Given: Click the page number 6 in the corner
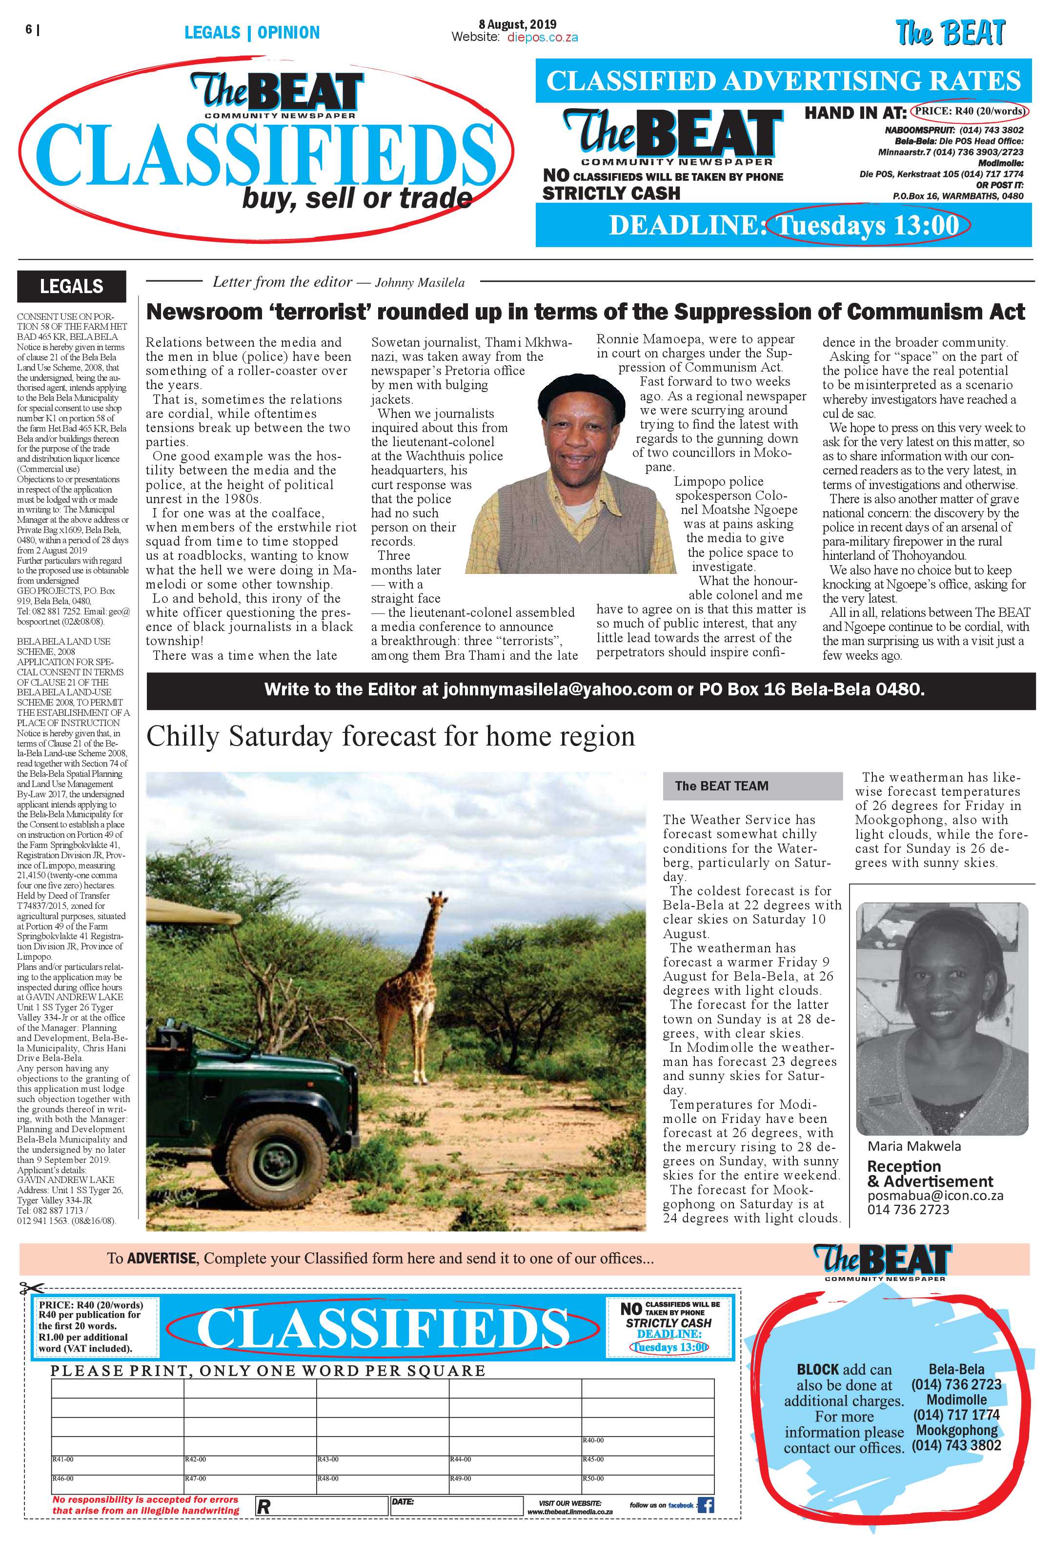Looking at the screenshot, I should [x=29, y=29].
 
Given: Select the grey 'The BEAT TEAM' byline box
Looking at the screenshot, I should [x=752, y=786].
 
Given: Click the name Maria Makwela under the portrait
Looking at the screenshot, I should [x=914, y=1146].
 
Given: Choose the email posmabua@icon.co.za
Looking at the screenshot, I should [x=935, y=1196].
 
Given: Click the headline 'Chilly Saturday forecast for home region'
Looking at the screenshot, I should [x=390, y=737].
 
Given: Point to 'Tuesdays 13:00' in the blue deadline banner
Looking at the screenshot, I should [x=868, y=225].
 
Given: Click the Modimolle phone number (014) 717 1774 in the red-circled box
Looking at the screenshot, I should [x=956, y=1415].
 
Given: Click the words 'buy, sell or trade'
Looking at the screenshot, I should [x=357, y=198].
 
